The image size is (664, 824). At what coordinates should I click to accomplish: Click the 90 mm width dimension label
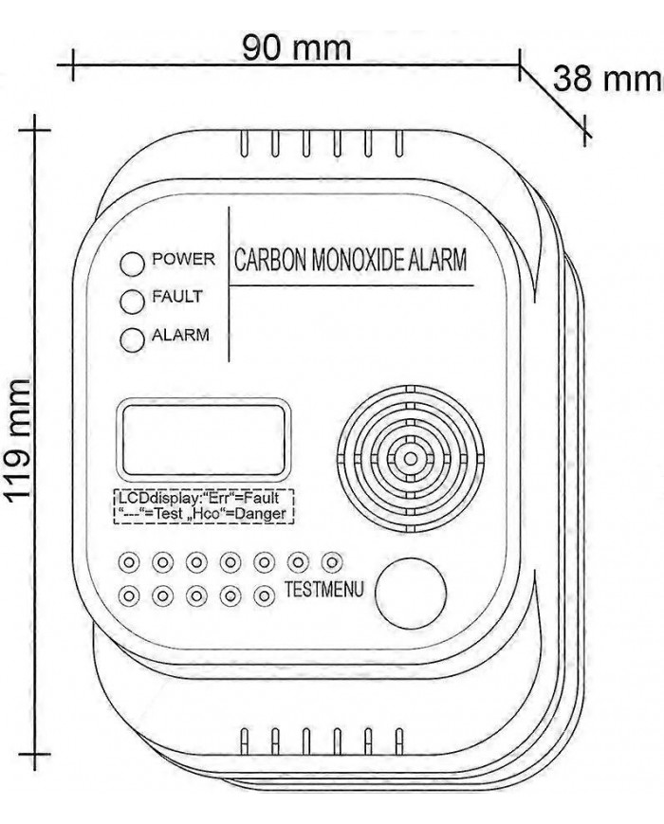(295, 46)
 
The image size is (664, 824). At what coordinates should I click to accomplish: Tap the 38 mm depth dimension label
(607, 79)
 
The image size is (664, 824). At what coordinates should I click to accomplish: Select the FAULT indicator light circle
(132, 300)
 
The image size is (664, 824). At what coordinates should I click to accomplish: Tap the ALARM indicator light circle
(132, 338)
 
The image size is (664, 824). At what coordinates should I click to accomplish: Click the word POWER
(184, 259)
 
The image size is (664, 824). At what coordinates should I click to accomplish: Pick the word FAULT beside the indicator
(178, 297)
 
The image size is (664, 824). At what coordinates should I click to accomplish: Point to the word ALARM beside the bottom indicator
(180, 335)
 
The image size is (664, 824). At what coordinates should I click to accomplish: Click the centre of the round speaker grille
(410, 459)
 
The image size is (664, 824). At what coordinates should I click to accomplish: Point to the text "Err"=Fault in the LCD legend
(246, 497)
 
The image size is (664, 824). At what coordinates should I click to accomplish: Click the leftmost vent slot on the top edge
(245, 145)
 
